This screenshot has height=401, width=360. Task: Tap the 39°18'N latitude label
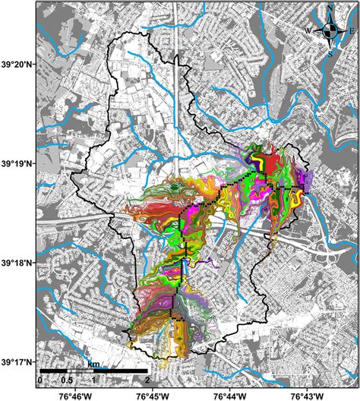pyautogui.click(x=17, y=263)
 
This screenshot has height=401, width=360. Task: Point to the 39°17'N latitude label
pyautogui.click(x=17, y=362)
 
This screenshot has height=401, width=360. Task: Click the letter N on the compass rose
pyautogui.click(x=330, y=8)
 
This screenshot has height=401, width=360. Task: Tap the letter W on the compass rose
pyautogui.click(x=309, y=31)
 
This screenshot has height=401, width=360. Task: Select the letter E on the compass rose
pyautogui.click(x=351, y=31)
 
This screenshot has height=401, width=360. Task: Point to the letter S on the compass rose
pyautogui.click(x=330, y=53)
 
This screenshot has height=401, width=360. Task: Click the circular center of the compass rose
pyautogui.click(x=330, y=31)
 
